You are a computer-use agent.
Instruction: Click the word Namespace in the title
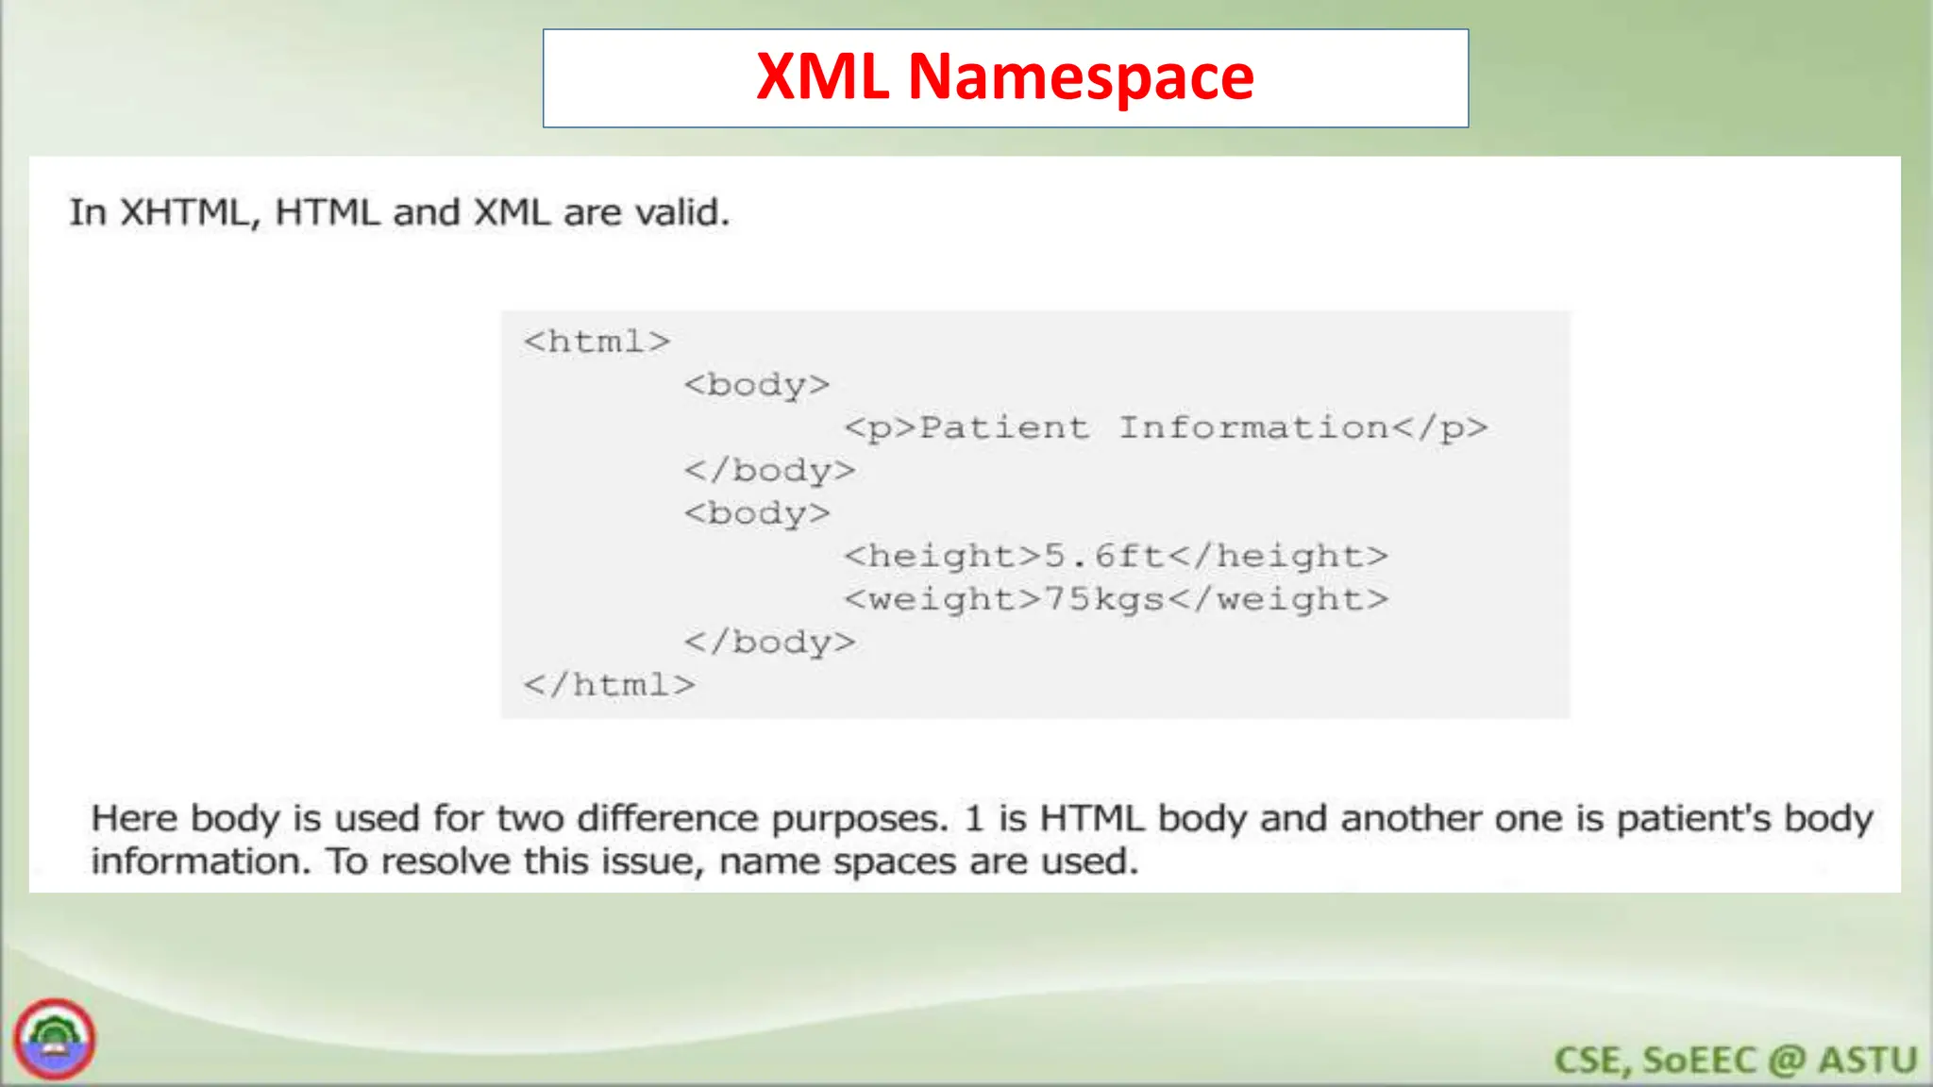pyautogui.click(x=1081, y=77)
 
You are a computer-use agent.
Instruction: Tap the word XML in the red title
pyautogui.click(x=822, y=76)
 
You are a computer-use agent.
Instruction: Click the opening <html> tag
pyautogui.click(x=597, y=342)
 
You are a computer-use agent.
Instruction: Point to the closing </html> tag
pyautogui.click(x=609, y=685)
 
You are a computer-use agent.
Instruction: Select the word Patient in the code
pyautogui.click(x=1003, y=427)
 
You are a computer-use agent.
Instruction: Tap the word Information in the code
pyautogui.click(x=1253, y=427)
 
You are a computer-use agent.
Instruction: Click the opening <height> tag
pyautogui.click(x=943, y=556)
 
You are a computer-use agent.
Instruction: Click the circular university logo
pyautogui.click(x=55, y=1039)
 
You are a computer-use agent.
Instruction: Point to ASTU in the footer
pyautogui.click(x=1868, y=1061)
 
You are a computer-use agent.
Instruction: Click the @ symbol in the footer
pyautogui.click(x=1787, y=1061)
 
